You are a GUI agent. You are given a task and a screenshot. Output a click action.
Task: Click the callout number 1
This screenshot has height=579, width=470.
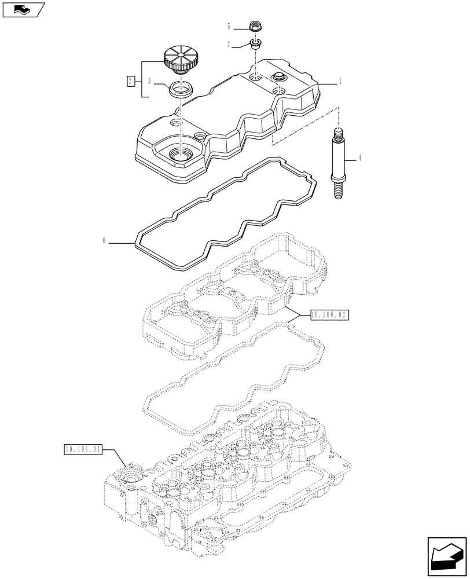340,82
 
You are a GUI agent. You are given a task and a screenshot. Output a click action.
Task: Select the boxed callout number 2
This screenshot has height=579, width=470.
131,80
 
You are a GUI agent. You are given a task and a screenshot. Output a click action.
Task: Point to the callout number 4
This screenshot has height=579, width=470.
359,157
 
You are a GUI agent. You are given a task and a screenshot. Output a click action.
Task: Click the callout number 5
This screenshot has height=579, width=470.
229,26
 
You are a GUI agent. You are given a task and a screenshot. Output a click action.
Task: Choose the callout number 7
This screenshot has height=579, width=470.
229,44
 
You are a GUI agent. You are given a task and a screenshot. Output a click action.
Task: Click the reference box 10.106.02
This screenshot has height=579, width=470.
331,315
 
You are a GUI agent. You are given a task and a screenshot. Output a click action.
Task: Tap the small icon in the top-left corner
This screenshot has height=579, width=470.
23,9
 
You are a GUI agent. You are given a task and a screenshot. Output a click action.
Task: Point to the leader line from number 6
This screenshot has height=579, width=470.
122,243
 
